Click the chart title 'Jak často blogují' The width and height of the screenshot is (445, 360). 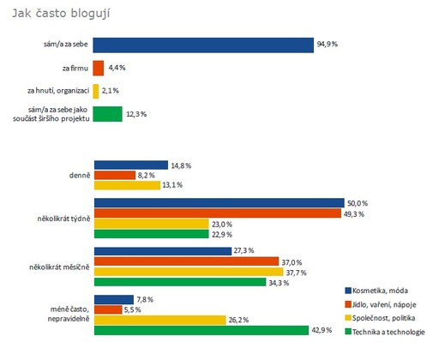(x=61, y=14)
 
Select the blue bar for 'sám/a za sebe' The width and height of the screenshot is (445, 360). (x=203, y=45)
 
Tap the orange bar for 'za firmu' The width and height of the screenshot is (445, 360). (x=99, y=68)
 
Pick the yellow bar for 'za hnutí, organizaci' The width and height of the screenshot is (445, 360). (x=96, y=91)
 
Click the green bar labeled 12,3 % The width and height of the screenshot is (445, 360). (x=107, y=114)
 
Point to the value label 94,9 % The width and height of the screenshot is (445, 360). (x=328, y=45)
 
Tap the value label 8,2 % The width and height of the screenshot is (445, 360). (x=147, y=175)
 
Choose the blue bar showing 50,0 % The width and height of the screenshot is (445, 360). (x=219, y=203)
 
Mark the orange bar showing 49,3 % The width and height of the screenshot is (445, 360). (x=218, y=213)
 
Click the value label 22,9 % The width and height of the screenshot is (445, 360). (x=222, y=235)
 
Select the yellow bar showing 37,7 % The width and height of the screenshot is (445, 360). (x=189, y=272)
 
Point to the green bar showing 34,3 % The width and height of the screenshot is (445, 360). (x=180, y=282)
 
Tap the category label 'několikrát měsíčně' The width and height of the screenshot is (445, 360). (x=59, y=267)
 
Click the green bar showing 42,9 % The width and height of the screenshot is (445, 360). (x=201, y=330)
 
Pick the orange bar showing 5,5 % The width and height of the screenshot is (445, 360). (x=108, y=309)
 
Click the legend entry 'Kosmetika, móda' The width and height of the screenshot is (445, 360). (x=376, y=291)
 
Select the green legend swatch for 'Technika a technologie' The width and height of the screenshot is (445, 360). (x=348, y=332)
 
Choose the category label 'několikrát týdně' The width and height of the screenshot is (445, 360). (x=63, y=219)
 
